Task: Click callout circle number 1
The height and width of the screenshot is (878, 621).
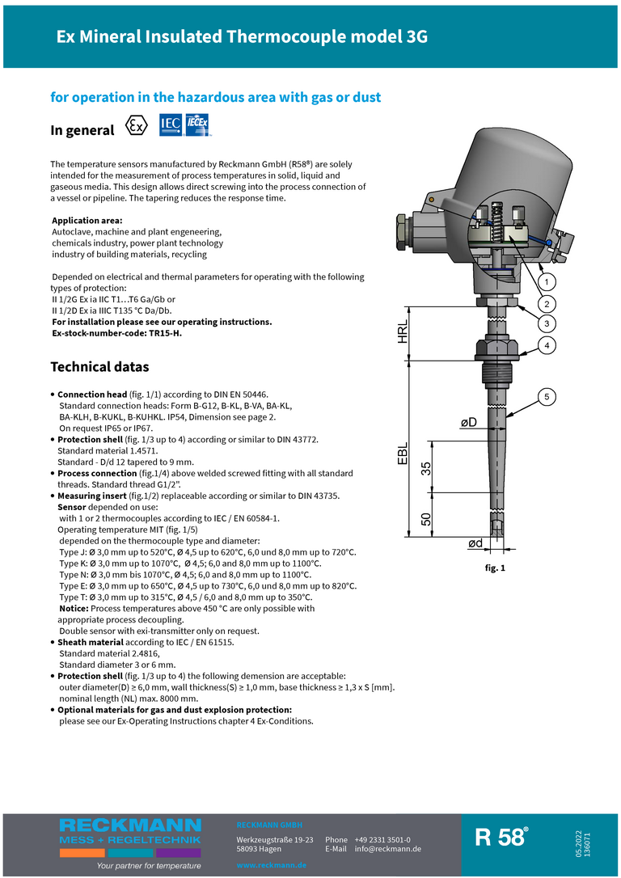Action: [547, 282]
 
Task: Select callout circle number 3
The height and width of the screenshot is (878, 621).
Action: [547, 323]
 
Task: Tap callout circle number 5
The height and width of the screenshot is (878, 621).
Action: [547, 396]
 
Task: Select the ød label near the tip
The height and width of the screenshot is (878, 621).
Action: [475, 543]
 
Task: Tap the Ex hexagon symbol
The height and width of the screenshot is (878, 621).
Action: [137, 127]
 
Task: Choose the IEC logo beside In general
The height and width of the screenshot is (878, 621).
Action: [171, 124]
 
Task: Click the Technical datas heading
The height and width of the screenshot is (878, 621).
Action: [99, 367]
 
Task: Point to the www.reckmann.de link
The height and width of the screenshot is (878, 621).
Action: [271, 865]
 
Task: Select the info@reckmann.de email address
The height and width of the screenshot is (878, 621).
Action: [388, 849]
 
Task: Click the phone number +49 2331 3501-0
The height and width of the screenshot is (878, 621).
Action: [382, 840]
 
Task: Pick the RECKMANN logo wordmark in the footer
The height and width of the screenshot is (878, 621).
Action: [129, 825]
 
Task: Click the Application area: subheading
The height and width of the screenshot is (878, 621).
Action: [87, 221]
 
